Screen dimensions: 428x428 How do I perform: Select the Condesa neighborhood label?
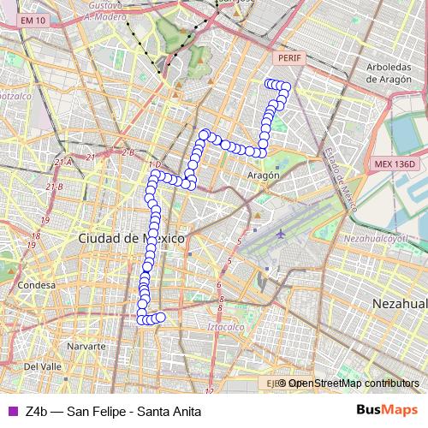tap(36, 285)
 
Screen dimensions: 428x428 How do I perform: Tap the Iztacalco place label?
tap(226, 326)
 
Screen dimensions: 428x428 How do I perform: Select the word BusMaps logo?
tap(388, 411)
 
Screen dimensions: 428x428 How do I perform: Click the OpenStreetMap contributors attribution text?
tap(354, 383)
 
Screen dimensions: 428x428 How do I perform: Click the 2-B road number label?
tap(128, 152)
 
